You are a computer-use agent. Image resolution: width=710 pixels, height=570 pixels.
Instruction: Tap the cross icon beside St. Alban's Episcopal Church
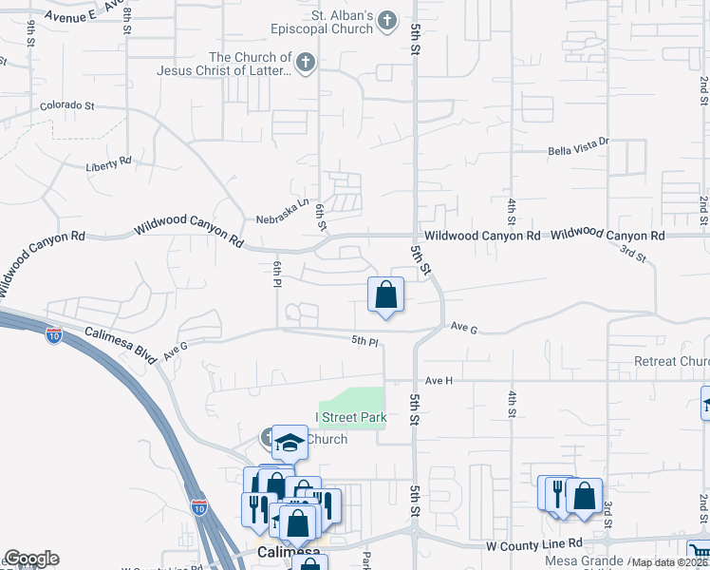coord(386,20)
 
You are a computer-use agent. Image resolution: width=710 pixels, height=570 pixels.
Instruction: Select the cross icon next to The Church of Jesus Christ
coord(304,64)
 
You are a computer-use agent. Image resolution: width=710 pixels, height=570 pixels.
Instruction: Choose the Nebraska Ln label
coord(283,218)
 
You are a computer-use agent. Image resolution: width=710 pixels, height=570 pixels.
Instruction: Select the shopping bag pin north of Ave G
coord(385,296)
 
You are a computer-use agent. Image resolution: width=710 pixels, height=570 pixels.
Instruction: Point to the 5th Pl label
coord(365,340)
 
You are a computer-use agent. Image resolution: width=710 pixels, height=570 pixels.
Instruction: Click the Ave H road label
coord(439,380)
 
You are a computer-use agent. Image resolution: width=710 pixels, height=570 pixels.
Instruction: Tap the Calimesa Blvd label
coord(120,341)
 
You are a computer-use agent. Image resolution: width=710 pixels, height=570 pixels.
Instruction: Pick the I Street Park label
coord(351,417)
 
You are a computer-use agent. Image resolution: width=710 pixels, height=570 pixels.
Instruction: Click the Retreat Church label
coord(671,361)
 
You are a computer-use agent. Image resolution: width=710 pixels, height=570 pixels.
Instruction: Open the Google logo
coord(31,560)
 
